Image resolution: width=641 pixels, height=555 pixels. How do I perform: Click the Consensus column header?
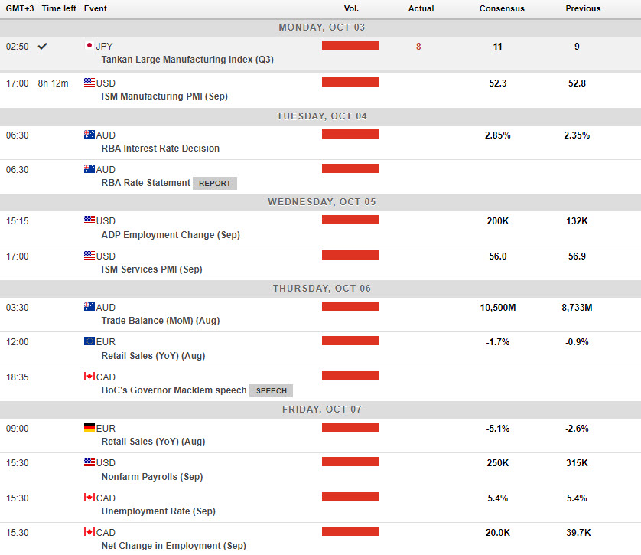(502, 9)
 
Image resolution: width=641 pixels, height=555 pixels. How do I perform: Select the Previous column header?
(583, 9)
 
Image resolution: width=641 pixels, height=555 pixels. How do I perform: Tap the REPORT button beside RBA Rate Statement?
(215, 184)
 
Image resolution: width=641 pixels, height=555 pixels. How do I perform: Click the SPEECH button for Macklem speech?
(271, 390)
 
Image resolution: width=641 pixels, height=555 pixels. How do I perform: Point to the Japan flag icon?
(89, 46)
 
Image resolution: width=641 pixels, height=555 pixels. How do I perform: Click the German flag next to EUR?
(89, 428)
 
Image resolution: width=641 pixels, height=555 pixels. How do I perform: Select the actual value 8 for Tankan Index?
(418, 47)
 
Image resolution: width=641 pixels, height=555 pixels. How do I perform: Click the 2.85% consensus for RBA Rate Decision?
(497, 135)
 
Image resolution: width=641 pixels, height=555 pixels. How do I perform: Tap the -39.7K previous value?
(577, 533)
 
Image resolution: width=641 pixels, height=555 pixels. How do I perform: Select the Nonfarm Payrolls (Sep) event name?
(152, 477)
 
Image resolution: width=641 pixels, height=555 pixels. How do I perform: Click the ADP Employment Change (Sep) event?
(171, 235)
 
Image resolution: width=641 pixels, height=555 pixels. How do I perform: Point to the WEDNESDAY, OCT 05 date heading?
(320, 202)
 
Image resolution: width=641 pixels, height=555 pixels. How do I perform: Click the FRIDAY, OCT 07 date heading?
(320, 409)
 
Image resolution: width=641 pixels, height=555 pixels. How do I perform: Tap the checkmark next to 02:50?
(43, 46)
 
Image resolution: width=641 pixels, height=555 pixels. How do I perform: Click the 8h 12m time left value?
(54, 83)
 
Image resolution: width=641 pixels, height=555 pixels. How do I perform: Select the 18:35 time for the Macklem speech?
(17, 377)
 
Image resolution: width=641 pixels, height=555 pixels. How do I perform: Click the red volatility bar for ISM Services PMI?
(350, 255)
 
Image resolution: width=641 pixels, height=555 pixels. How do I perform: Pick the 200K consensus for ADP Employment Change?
(497, 221)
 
